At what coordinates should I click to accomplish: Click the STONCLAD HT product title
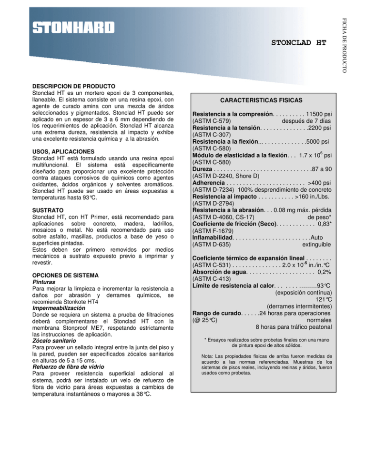(298, 42)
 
